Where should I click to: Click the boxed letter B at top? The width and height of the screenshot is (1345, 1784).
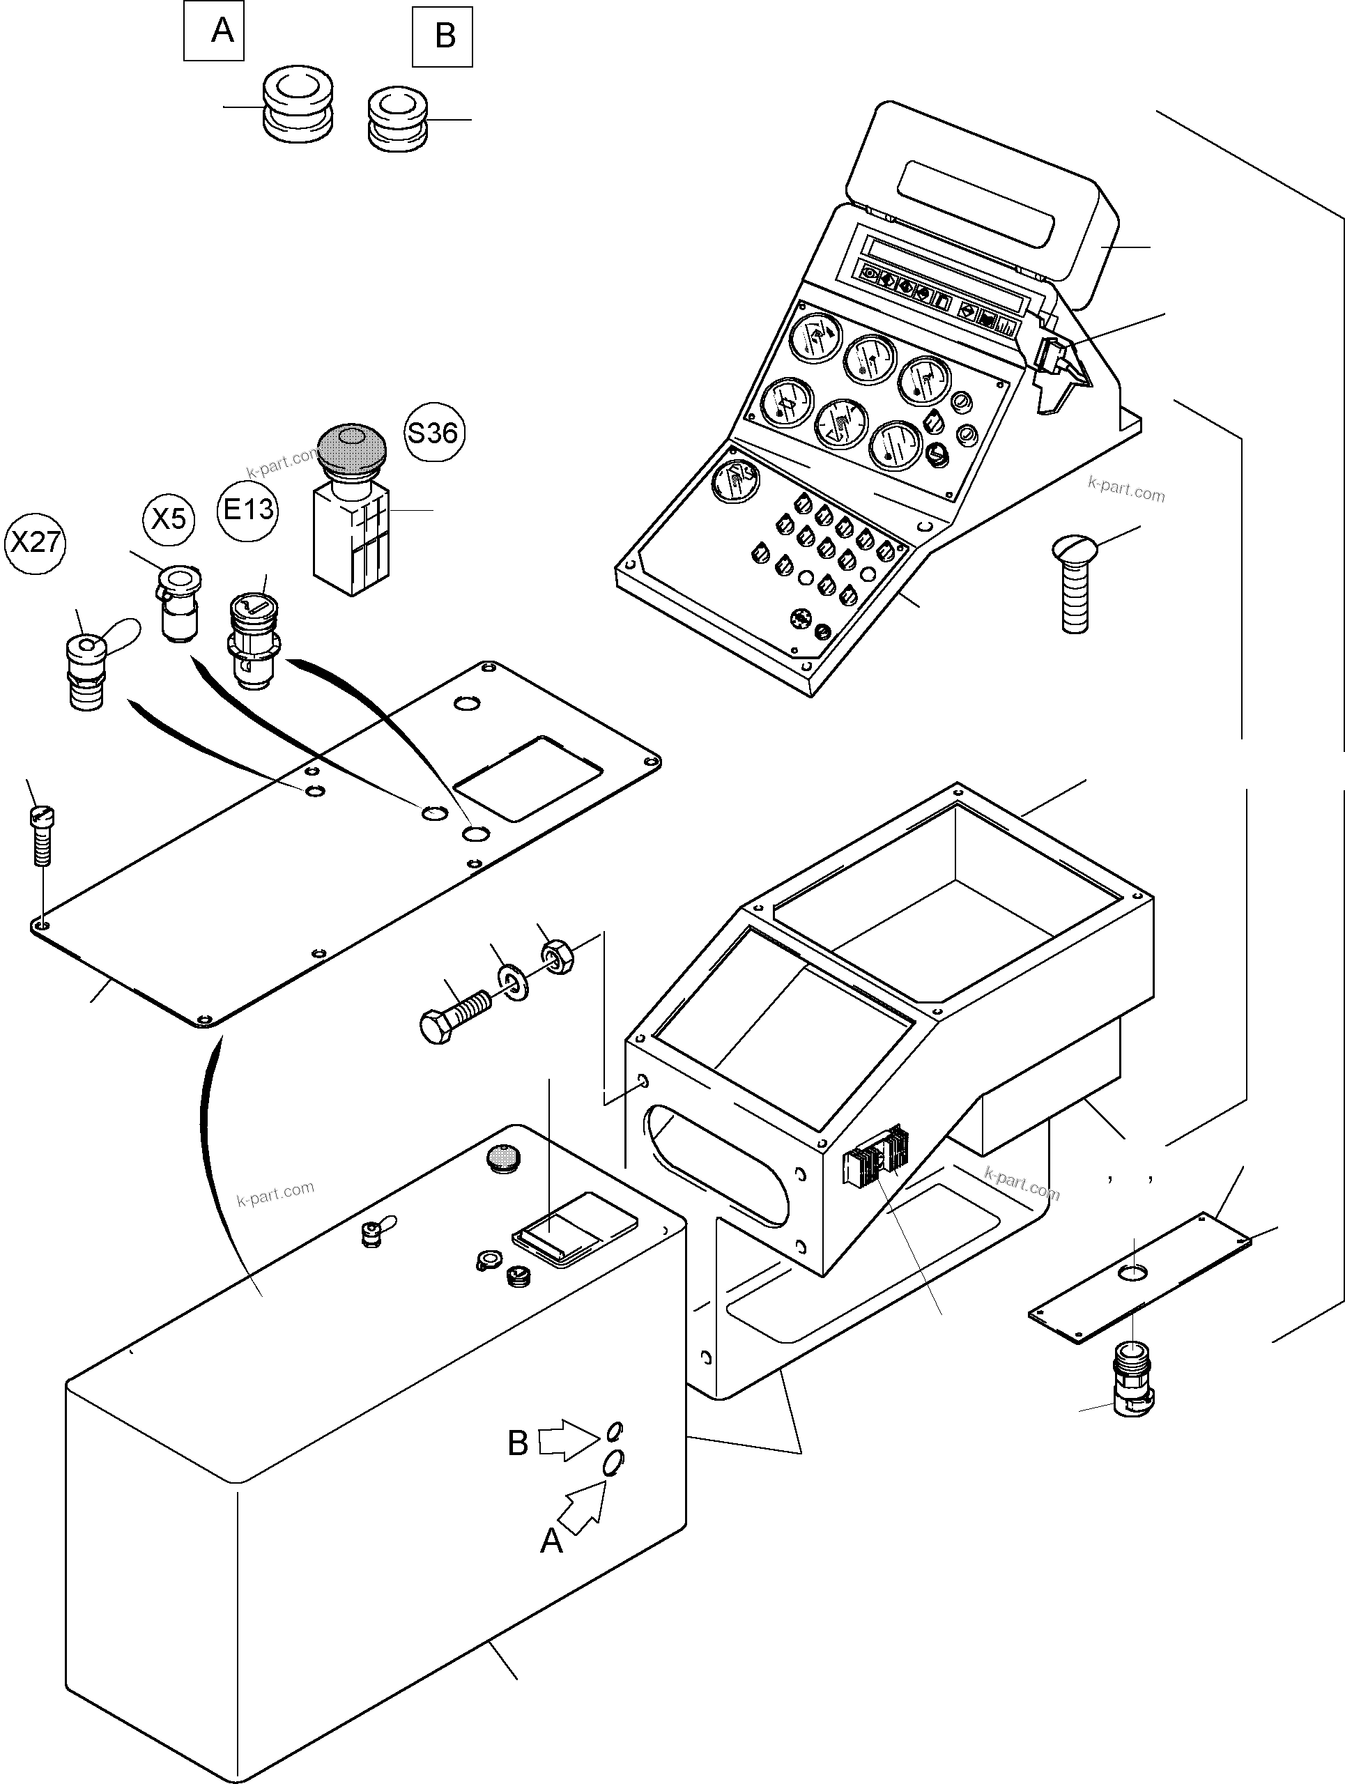[x=443, y=36]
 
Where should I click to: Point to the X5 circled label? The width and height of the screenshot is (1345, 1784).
[x=169, y=518]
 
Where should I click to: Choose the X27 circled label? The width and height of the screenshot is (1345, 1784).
[x=35, y=542]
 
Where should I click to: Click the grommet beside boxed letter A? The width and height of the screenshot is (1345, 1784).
[x=298, y=104]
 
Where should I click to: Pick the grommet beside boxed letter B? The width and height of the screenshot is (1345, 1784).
[x=397, y=119]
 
